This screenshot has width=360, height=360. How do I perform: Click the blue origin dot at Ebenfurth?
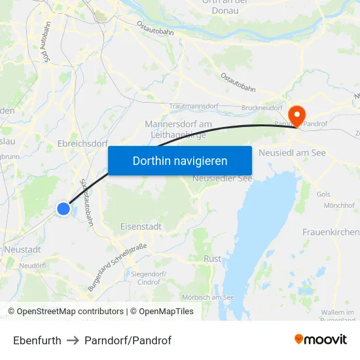click(x=63, y=209)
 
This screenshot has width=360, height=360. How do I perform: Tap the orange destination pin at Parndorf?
click(x=297, y=116)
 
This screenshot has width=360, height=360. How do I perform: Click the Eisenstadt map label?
click(x=141, y=226)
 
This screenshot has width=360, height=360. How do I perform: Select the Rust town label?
click(x=212, y=259)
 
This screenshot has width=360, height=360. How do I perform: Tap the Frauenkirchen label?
click(x=331, y=232)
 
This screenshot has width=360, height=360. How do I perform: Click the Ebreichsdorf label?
click(x=82, y=144)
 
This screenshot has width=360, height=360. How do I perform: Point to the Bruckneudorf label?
click(x=261, y=108)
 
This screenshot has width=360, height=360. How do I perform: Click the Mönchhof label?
click(x=339, y=206)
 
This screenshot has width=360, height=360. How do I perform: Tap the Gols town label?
click(x=323, y=194)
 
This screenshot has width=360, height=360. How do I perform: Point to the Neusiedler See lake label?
click(x=222, y=178)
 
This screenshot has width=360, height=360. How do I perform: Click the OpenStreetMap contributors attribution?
click(x=70, y=312)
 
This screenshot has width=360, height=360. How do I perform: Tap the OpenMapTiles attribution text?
click(x=166, y=312)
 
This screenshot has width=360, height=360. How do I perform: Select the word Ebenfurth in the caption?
click(x=37, y=340)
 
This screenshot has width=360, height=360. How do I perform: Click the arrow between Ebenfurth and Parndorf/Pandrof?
click(x=73, y=340)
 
